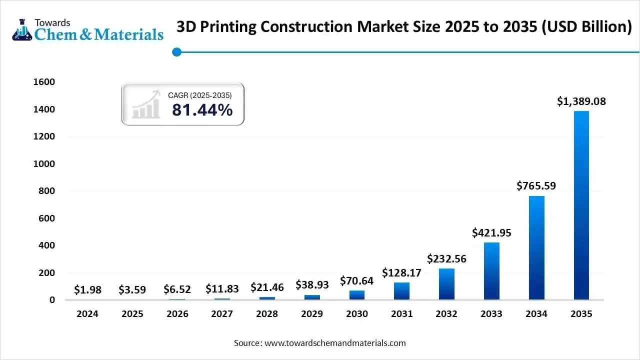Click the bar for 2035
click(x=581, y=205)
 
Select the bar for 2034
click(x=536, y=247)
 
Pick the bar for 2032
click(x=446, y=284)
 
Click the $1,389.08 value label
click(x=581, y=101)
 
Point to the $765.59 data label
click(x=536, y=186)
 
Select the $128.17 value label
click(x=401, y=273)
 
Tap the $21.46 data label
click(x=267, y=288)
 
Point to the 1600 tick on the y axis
click(x=44, y=82)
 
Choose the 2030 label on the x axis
click(x=356, y=314)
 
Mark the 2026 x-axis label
click(x=177, y=314)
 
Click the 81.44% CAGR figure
click(x=202, y=110)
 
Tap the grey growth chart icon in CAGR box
click(x=145, y=104)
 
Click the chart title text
click(x=404, y=27)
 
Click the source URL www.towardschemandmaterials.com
click(x=334, y=343)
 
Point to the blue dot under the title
click(x=176, y=52)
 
